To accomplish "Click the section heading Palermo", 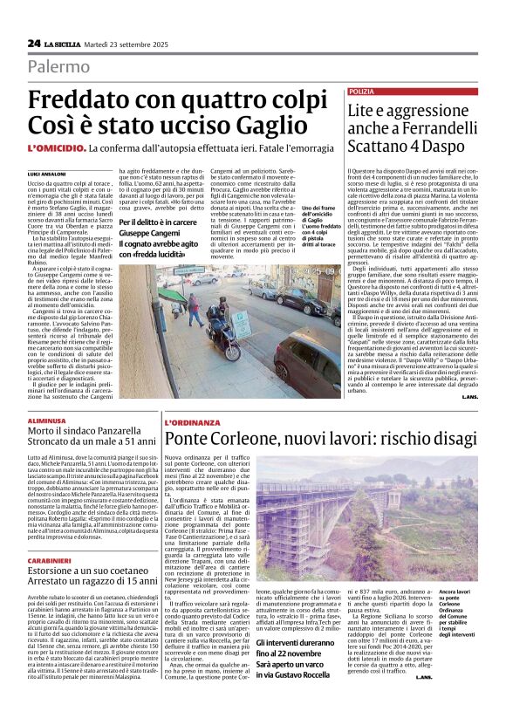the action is pos(59,66).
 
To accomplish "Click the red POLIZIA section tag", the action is pos(361,91).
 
